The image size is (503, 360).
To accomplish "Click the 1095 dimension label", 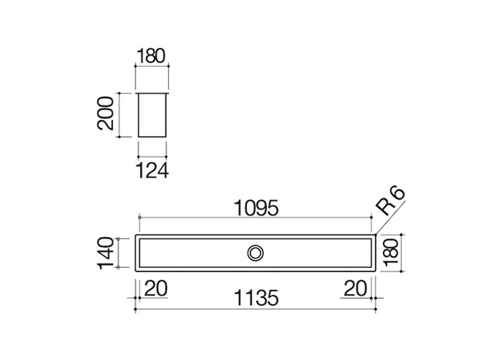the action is click(256, 208).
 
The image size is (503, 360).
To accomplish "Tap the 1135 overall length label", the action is click(256, 298).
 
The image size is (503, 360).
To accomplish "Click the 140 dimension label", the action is click(106, 253).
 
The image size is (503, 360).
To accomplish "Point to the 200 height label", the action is click(105, 114).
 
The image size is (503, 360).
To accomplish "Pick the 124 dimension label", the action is click(152, 170).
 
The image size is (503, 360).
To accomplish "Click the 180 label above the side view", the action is click(151, 56).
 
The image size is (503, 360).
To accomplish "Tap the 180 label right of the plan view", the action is click(391, 253).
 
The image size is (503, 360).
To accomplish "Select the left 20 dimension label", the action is click(156, 288).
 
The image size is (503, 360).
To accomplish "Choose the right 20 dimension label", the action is click(355, 288).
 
